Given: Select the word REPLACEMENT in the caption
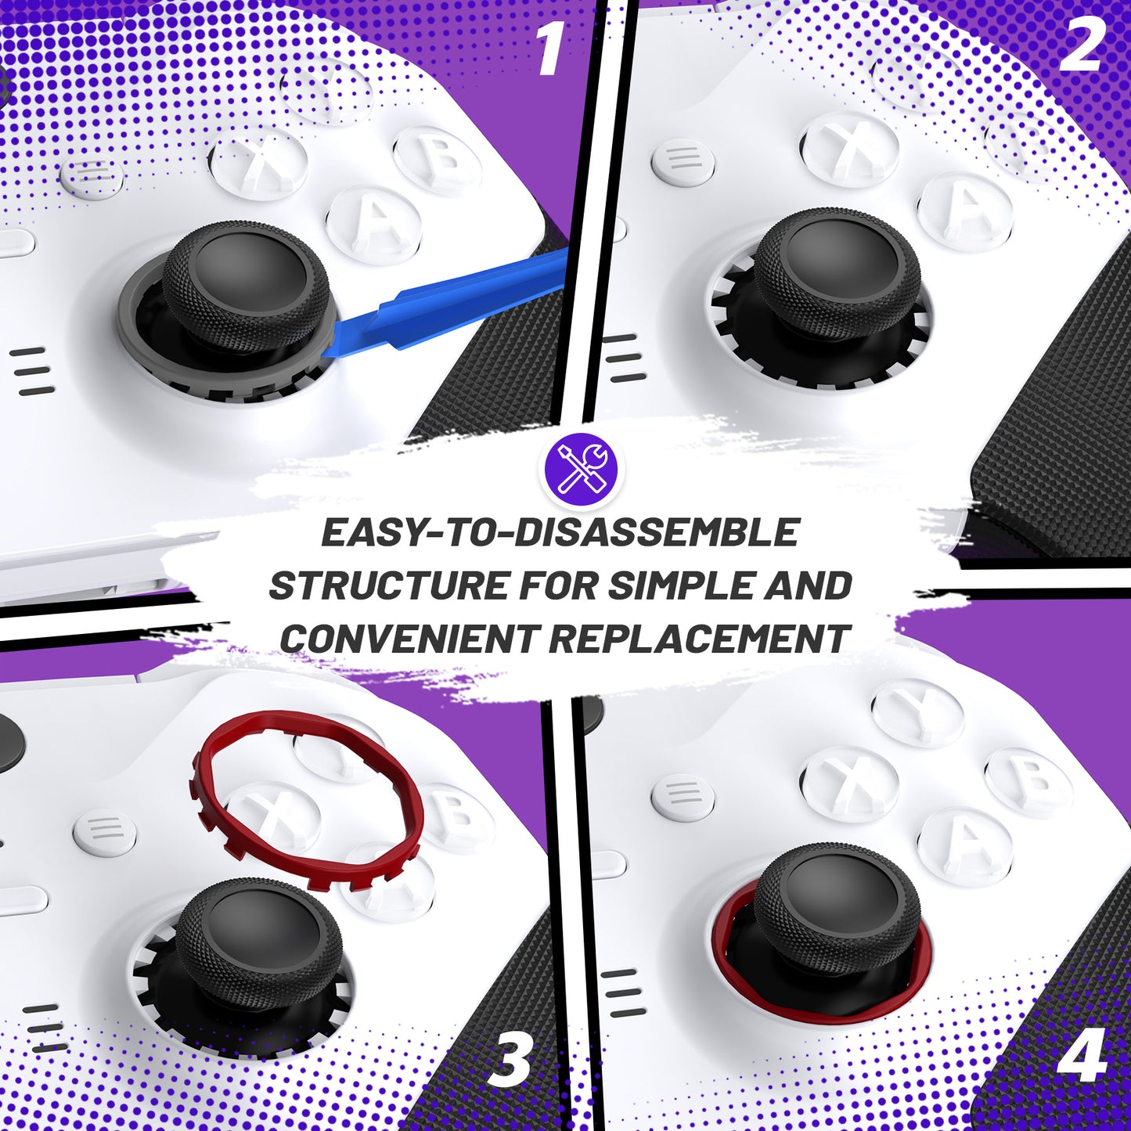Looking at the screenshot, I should point(698,639).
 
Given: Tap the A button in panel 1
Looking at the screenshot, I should point(373,222).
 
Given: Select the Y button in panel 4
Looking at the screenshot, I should point(917,711).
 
